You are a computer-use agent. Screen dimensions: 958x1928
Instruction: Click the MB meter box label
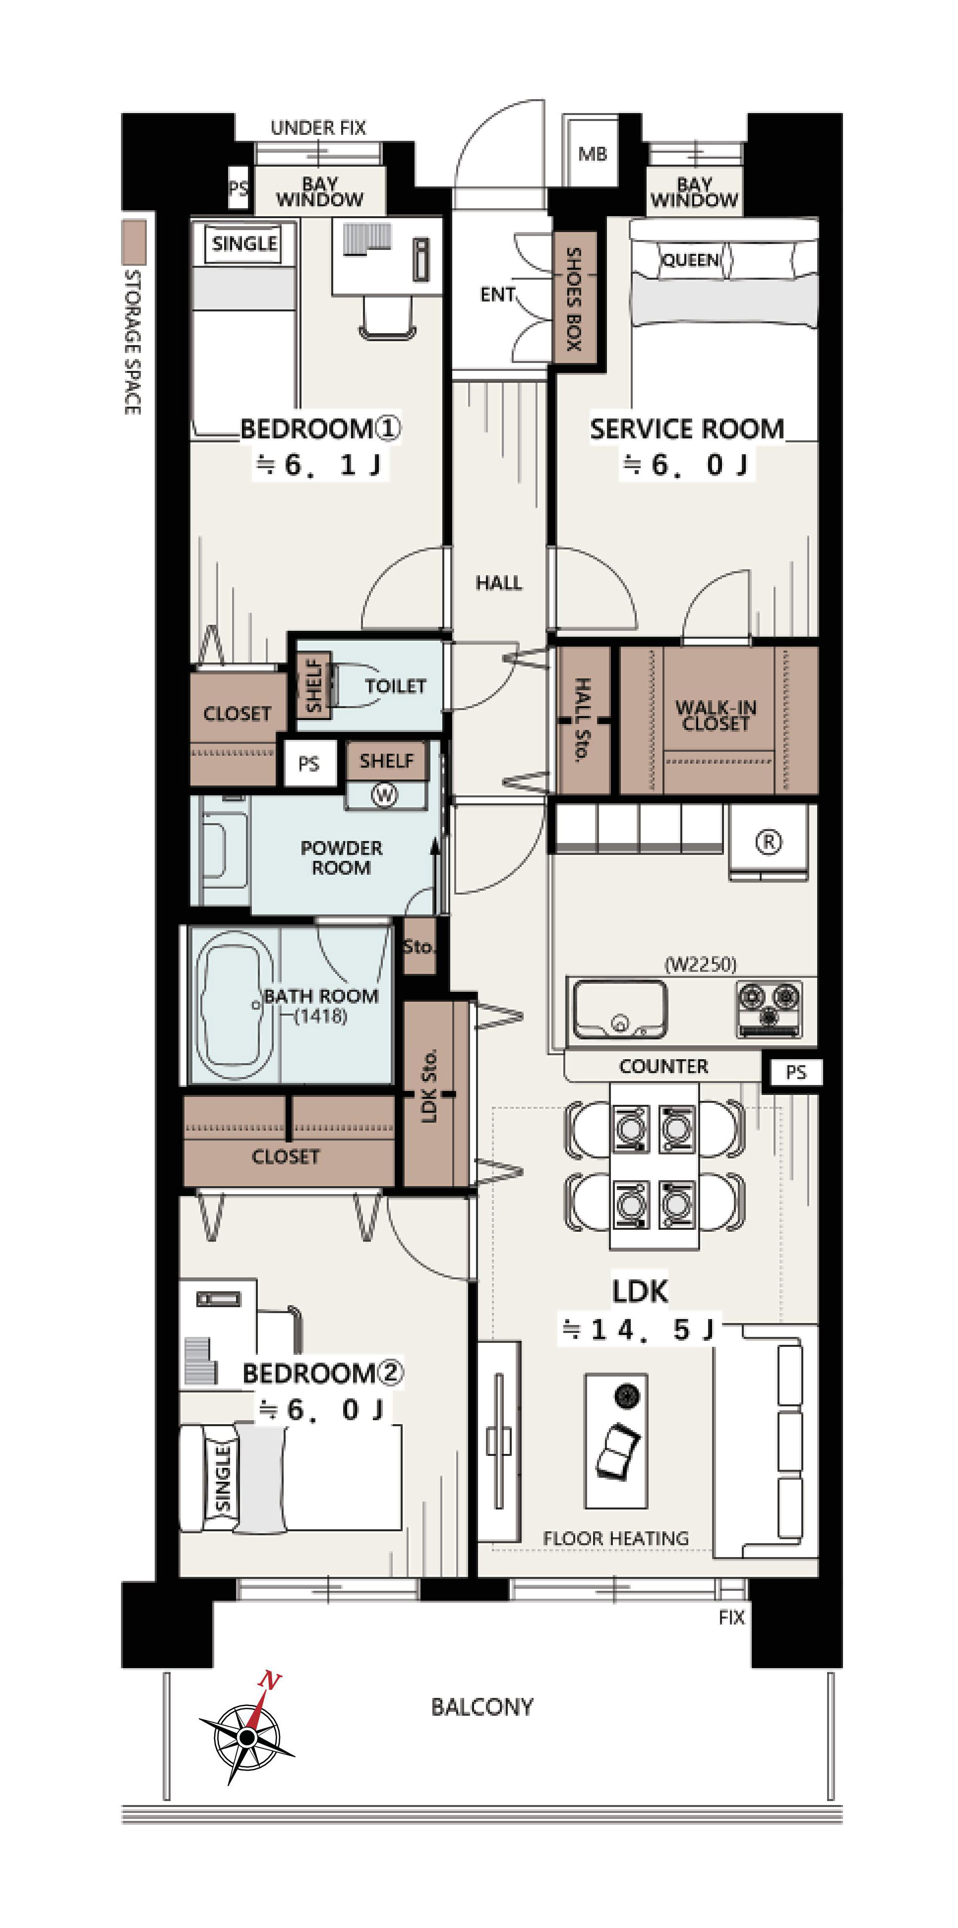pos(592,154)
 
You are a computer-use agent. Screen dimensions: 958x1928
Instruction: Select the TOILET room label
pos(395,686)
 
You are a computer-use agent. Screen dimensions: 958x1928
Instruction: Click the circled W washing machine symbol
pos(385,794)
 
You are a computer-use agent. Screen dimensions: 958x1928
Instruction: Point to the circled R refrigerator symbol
pos(769,842)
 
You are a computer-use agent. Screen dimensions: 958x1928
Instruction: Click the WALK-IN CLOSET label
pos(716,715)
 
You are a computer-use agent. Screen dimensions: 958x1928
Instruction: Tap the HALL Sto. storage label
pos(582,719)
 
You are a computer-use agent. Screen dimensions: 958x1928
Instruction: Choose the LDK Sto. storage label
pos(429,1086)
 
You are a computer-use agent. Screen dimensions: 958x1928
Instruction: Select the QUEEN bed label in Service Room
pos(690,260)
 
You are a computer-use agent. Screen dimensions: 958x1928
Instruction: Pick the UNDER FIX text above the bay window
pos(318,128)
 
